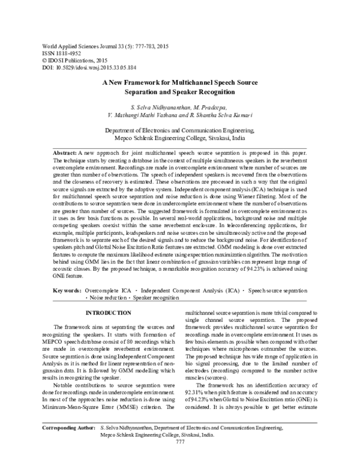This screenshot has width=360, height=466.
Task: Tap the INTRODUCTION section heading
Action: click(108, 313)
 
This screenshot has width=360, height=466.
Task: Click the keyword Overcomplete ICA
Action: click(109, 290)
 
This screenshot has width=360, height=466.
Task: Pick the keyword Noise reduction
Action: click(107, 297)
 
